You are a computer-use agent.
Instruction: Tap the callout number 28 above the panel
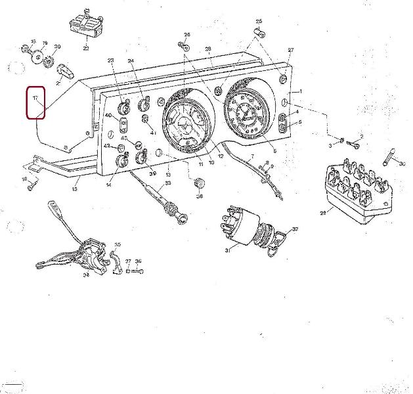207,49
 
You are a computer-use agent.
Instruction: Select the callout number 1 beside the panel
301,91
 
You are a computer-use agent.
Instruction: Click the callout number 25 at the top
259,22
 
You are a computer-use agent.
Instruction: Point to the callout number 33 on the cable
167,183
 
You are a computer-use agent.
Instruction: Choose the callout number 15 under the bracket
74,188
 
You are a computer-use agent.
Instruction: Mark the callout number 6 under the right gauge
274,150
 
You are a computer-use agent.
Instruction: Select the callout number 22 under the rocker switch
86,48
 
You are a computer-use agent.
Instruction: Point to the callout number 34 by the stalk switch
86,276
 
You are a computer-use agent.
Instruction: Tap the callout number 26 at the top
186,34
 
